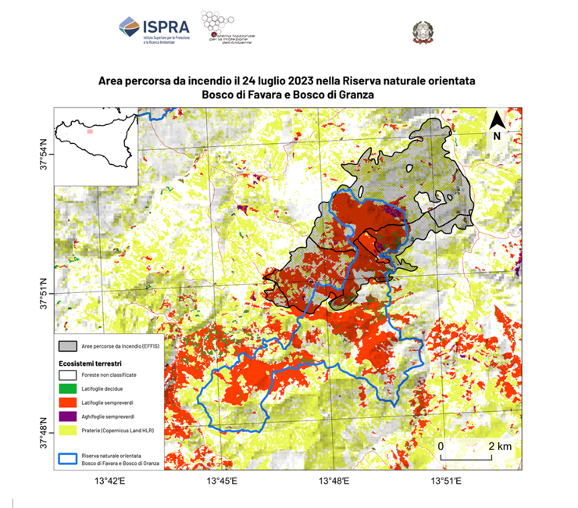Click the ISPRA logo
pyautogui.click(x=152, y=29)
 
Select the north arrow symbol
pyautogui.click(x=497, y=126)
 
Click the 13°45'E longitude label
pyautogui.click(x=221, y=481)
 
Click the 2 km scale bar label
pyautogui.click(x=500, y=445)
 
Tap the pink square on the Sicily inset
pyautogui.click(x=91, y=132)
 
